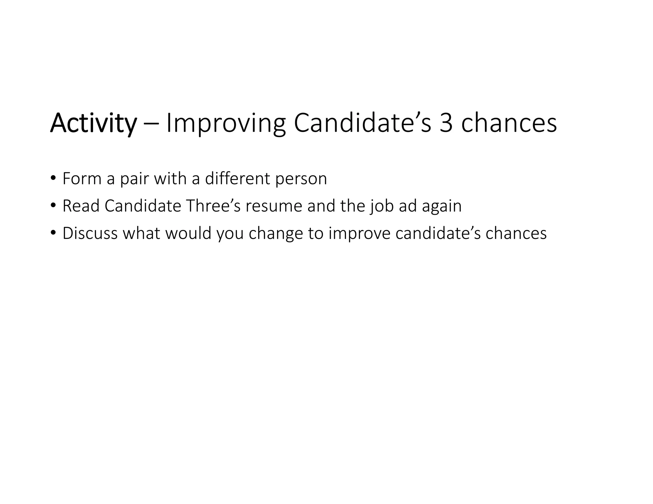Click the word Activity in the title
pos(93,123)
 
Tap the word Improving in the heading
pos(226,123)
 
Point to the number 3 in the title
pos(445,123)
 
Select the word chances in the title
pos(509,123)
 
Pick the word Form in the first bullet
pos(82,178)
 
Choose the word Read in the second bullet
pos(81,206)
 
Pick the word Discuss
pos(90,233)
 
